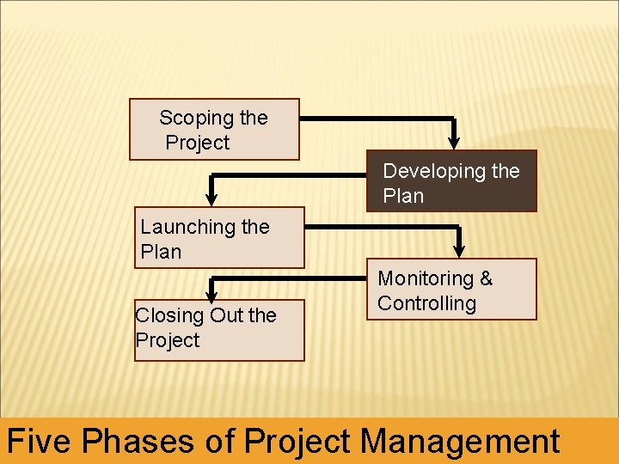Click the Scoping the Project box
point(214,130)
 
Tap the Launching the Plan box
point(218,238)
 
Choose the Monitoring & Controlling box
point(451,290)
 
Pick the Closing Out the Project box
point(219,330)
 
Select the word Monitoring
point(426,278)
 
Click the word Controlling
point(426,303)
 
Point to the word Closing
point(170,315)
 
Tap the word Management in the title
point(460,442)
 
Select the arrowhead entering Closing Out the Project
point(211,293)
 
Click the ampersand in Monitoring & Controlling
point(486,278)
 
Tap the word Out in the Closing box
point(227,315)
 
